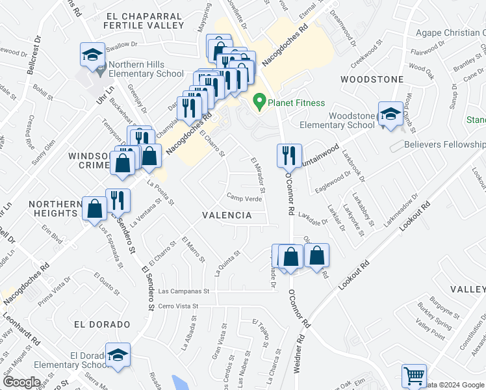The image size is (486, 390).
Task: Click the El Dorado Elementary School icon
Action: click(118, 356)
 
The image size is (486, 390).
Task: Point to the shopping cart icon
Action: click(414, 376)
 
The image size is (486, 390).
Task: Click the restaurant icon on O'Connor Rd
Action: click(288, 156)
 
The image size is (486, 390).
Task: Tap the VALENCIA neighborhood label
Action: click(227, 214)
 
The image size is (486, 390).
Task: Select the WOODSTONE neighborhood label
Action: click(372, 79)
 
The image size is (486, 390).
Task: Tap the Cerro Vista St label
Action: click(186, 305)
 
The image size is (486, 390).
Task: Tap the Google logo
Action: click(21, 382)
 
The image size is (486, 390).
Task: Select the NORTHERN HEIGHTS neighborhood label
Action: click(53, 209)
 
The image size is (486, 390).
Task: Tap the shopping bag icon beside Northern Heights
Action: click(95, 210)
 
